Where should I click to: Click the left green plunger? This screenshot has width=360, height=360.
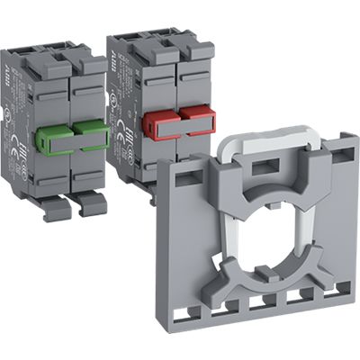(55, 139)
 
